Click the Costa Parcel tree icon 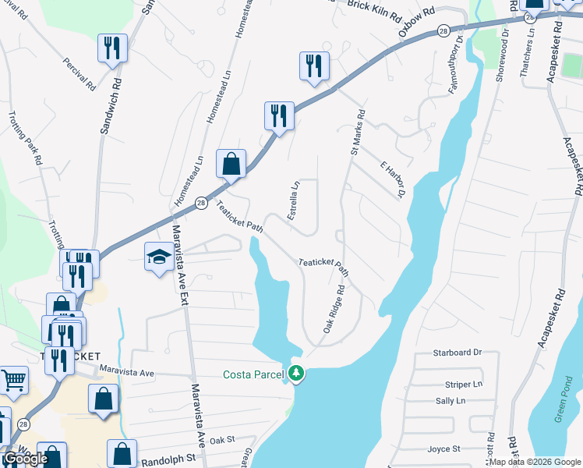point(295,374)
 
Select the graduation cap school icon point(159,257)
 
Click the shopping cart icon point(13,380)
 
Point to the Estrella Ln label point(294,200)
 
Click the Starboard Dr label point(458,353)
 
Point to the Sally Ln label point(450,400)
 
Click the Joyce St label point(444,448)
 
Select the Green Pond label point(564,404)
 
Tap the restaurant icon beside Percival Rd point(112,48)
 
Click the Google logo point(25,459)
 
